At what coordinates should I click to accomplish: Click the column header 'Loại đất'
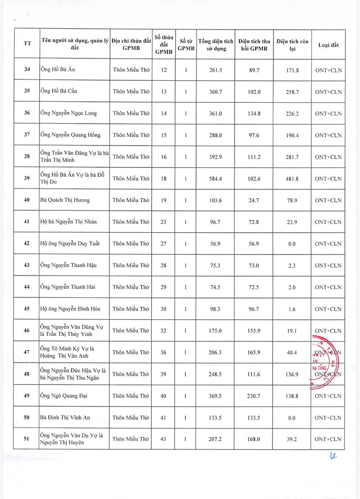pyautogui.click(x=328, y=45)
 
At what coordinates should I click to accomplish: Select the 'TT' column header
pyautogui.click(x=27, y=44)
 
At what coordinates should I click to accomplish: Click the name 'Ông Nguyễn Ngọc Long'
pyautogui.click(x=69, y=113)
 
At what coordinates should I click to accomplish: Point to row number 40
pyautogui.click(x=27, y=200)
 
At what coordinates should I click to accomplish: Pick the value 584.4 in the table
pyautogui.click(x=216, y=179)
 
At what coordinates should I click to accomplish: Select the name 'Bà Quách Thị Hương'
pyautogui.click(x=65, y=200)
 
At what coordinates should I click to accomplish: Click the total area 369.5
pyautogui.click(x=216, y=396)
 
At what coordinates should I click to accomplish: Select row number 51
pyautogui.click(x=27, y=439)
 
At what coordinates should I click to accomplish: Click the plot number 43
pyautogui.click(x=163, y=439)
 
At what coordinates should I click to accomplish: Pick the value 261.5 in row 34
pyautogui.click(x=216, y=70)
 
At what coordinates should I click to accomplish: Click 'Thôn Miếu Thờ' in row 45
pyautogui.click(x=131, y=309)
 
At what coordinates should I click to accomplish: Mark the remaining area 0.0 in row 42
pyautogui.click(x=292, y=244)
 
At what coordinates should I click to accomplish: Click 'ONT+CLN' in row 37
pyautogui.click(x=328, y=135)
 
